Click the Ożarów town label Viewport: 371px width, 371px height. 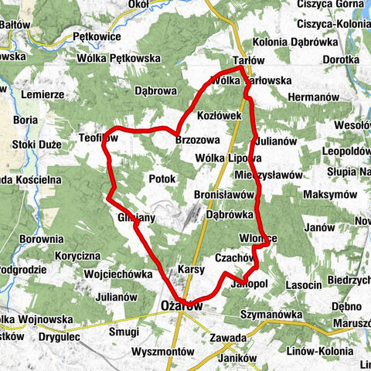point(182,306)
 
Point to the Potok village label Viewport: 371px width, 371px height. point(162,179)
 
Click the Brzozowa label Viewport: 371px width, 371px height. point(198,140)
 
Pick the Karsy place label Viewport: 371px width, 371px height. point(190,269)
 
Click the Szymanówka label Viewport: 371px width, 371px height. point(273,315)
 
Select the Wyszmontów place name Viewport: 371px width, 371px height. point(163,351)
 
